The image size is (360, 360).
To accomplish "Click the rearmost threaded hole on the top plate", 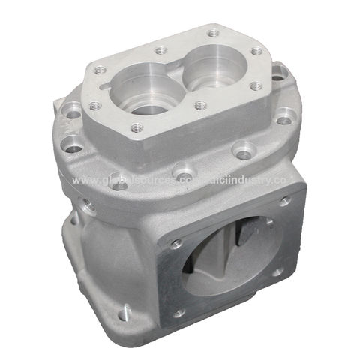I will click(x=214, y=33).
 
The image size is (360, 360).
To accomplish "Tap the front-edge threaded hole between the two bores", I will click(x=199, y=106).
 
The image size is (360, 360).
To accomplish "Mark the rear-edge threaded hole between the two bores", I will click(x=160, y=51).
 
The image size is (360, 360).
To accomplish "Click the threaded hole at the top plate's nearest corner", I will click(x=136, y=128).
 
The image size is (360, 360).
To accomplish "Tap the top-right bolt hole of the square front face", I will click(x=285, y=200).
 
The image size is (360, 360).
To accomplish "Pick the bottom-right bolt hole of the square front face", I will click(x=277, y=272).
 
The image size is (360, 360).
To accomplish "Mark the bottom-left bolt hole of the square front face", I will click(x=179, y=313).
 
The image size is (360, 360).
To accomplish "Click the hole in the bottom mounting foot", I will click(x=123, y=308).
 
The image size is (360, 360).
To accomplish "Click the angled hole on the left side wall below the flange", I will click(x=88, y=204).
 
